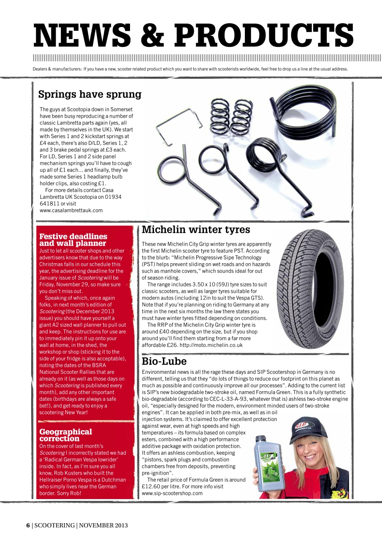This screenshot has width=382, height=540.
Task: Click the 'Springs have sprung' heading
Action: [x=89, y=94]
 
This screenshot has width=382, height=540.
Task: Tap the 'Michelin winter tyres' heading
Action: [x=196, y=229]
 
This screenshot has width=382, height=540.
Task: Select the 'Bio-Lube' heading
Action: [x=164, y=361]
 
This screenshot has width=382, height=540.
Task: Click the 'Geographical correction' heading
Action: [x=65, y=435]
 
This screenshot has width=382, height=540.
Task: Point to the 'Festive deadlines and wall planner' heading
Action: [x=73, y=240]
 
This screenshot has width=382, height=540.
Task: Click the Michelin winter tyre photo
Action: [x=312, y=288]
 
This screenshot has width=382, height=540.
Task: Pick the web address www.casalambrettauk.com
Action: [x=71, y=210]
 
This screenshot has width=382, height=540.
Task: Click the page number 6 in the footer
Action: [x=28, y=525]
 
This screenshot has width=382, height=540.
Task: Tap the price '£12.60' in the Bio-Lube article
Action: [x=152, y=486]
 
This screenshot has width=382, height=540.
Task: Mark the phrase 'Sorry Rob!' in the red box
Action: [x=69, y=493]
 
